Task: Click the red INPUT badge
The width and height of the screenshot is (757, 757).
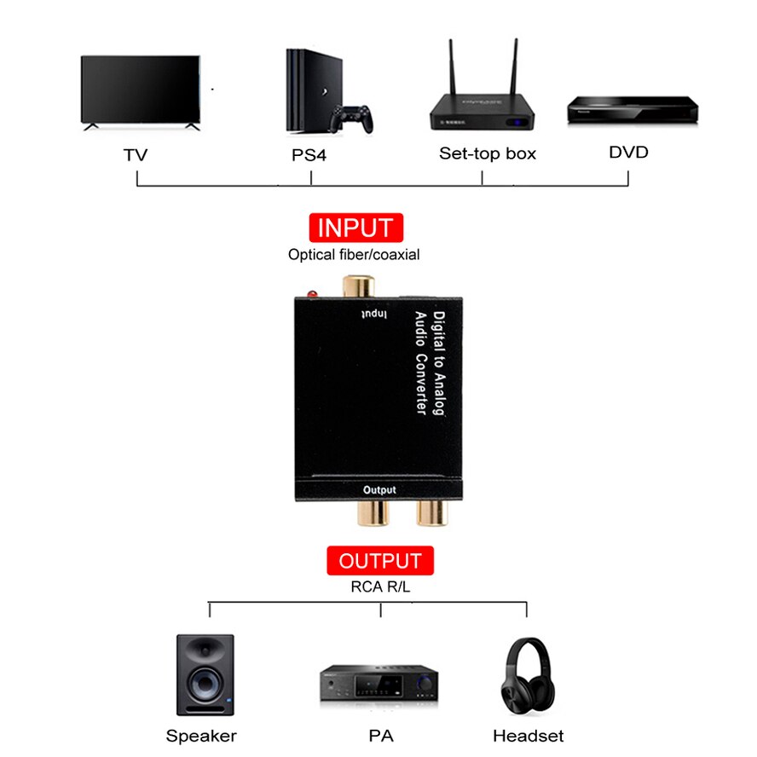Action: coord(355,228)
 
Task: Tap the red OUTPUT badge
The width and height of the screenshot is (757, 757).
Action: coord(380,561)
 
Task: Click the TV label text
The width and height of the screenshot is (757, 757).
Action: coord(135,155)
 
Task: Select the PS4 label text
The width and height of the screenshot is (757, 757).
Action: coord(309,156)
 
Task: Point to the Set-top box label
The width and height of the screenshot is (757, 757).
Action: coord(488,153)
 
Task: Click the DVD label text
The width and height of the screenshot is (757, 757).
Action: coord(628,153)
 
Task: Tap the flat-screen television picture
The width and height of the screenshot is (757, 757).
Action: coord(142,92)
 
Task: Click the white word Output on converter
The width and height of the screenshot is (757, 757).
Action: coord(380,489)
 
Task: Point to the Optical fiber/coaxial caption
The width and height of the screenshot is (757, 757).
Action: coord(354,254)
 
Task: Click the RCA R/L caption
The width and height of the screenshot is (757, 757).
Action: coord(380,586)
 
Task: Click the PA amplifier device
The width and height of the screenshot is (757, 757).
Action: coord(378,683)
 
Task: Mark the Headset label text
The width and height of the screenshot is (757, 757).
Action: coord(528,736)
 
